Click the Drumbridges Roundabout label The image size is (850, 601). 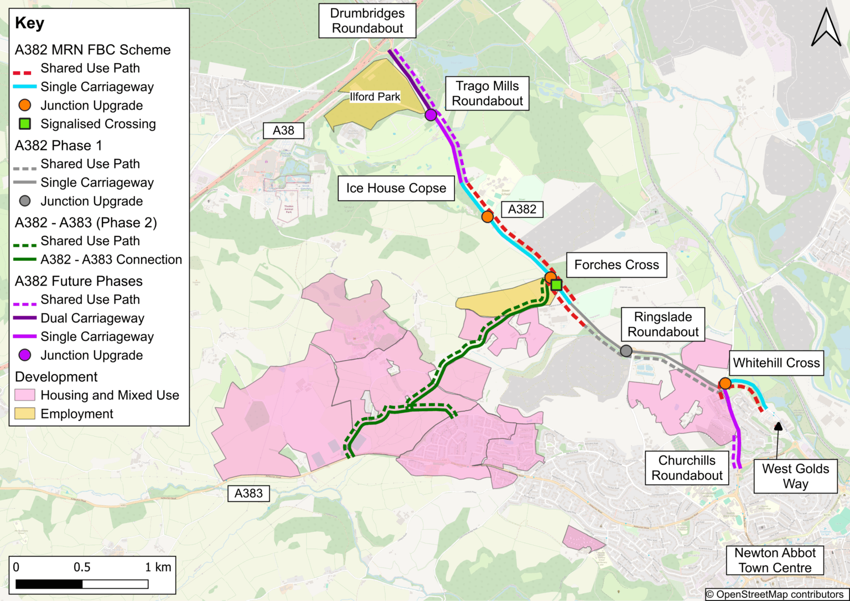[x=367, y=21]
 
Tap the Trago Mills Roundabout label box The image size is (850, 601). [x=487, y=94]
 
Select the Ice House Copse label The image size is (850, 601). [x=396, y=188]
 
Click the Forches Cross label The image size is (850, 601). [x=616, y=265]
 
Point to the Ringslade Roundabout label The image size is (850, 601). [x=663, y=324]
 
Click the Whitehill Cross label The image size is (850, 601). [x=776, y=363]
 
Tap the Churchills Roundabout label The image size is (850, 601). [x=687, y=468]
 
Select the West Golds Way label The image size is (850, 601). [x=795, y=476]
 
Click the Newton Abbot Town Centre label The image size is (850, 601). [x=775, y=561]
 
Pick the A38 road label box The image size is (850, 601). [x=283, y=131]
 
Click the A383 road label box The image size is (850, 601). [x=248, y=494]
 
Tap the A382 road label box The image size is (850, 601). [x=522, y=209]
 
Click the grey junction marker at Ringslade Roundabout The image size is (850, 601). [x=626, y=351]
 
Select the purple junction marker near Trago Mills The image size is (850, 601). [x=431, y=115]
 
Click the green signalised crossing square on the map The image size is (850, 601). [x=557, y=285]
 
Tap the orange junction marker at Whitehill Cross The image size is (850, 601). [x=725, y=384]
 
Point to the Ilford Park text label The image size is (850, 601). [x=375, y=97]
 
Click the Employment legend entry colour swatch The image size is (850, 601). [x=25, y=414]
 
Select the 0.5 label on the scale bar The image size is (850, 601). [x=82, y=567]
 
